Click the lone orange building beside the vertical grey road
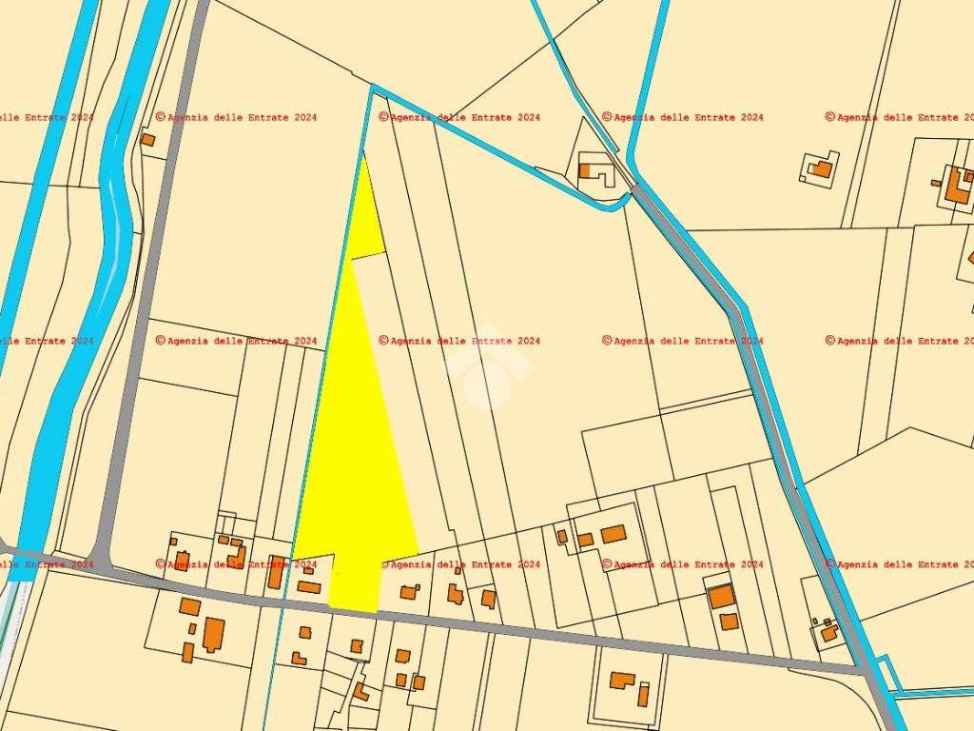click(147, 140)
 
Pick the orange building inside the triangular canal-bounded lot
click(586, 171)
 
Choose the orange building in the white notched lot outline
click(820, 168)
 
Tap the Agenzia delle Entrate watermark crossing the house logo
click(460, 341)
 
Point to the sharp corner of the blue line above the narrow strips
click(373, 89)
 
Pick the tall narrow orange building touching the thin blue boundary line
click(275, 573)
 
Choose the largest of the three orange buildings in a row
click(614, 534)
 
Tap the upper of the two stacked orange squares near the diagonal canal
click(721, 597)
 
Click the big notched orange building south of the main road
click(213, 634)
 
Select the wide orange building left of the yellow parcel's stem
click(308, 587)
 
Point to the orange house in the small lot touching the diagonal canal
click(828, 632)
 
